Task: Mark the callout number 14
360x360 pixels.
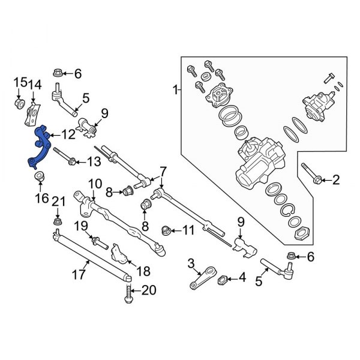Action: click(34, 85)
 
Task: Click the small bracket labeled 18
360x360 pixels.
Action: click(122, 254)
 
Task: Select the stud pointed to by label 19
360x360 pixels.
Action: click(98, 243)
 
